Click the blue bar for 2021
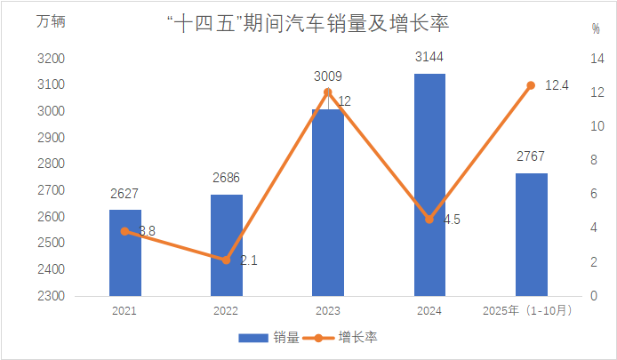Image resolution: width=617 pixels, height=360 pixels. (125, 252)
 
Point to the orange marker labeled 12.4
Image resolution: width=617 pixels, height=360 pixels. (532, 85)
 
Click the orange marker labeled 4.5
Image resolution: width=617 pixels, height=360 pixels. (429, 219)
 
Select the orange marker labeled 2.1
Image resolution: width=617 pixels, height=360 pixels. (227, 260)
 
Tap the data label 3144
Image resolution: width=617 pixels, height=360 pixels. (429, 58)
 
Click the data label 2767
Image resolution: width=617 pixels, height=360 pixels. (532, 157)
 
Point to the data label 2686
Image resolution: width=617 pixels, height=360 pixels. (227, 178)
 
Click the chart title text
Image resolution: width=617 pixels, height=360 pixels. (308, 24)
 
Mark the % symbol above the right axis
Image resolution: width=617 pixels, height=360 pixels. (596, 28)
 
